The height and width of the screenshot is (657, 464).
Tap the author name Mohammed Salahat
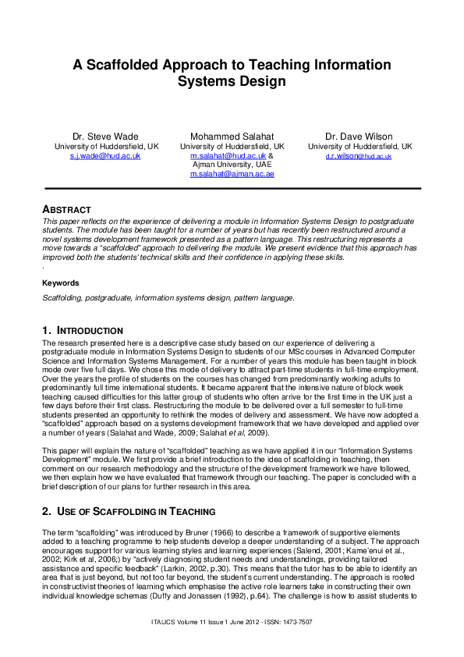tap(232, 137)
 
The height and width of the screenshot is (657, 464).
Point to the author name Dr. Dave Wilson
tap(360, 137)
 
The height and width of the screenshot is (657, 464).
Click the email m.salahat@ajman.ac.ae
tap(232, 175)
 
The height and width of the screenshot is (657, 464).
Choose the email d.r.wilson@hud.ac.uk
tap(360, 156)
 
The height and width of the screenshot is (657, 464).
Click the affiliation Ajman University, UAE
tap(232, 165)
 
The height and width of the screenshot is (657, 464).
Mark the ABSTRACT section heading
tap(66, 210)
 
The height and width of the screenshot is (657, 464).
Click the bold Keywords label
tap(59, 282)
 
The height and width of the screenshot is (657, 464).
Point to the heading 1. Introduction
tap(82, 331)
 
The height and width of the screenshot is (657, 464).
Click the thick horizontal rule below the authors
tap(232, 189)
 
